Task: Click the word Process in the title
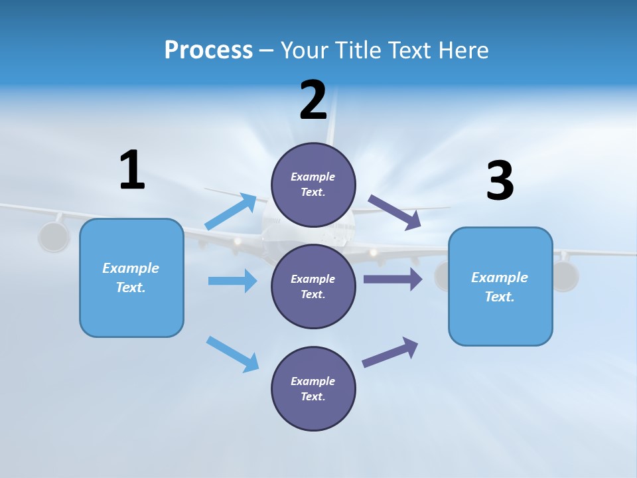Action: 208,50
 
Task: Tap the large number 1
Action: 132,171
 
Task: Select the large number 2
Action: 313,100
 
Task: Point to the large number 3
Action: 500,181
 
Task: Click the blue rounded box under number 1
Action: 131,278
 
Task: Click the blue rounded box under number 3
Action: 500,286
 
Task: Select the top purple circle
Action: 313,185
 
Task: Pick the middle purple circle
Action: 313,286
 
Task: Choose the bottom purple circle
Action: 313,388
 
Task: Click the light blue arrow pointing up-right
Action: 231,212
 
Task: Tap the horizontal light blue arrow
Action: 232,281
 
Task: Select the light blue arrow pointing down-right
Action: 232,354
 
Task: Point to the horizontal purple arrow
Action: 392,279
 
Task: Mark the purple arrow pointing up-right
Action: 390,352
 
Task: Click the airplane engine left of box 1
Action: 54,237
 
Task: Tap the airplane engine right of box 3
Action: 565,276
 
